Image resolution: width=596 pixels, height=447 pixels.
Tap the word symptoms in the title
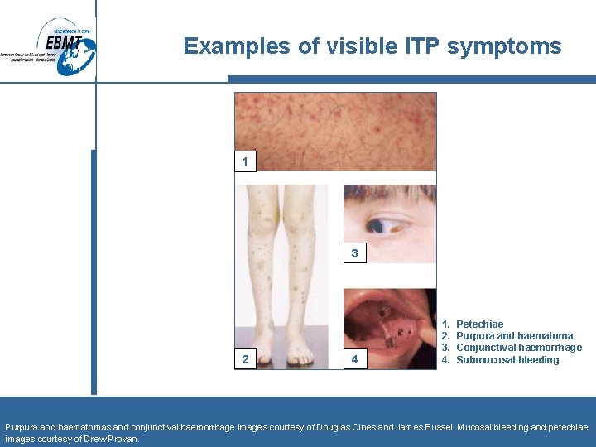tap(504, 46)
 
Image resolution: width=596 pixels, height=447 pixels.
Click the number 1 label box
tap(245, 161)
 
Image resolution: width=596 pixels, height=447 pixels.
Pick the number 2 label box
tap(245, 359)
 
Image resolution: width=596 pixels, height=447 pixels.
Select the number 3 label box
tap(354, 253)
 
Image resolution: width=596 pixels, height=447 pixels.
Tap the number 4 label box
tap(354, 359)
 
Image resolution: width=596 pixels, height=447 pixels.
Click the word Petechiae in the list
tap(479, 324)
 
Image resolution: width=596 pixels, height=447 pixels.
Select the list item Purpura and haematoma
tap(514, 336)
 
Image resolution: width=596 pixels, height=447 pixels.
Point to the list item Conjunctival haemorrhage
tap(519, 348)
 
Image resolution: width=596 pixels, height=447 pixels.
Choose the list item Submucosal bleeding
tap(507, 360)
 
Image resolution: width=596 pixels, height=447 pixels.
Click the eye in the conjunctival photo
tap(381, 223)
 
